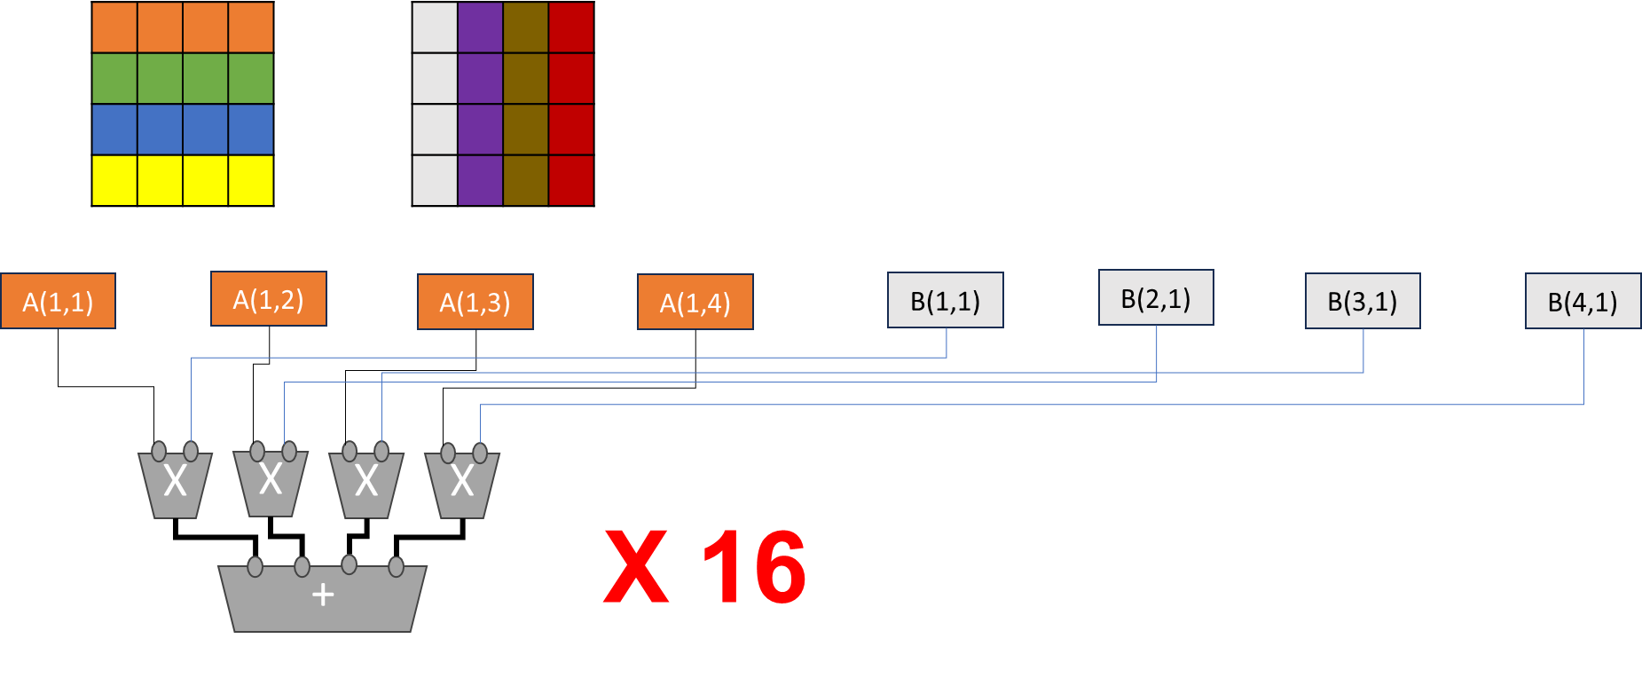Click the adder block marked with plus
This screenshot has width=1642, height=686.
pos(323,598)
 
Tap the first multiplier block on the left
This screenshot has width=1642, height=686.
pos(176,485)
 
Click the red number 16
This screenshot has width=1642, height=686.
pos(754,568)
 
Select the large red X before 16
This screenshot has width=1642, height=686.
pos(635,568)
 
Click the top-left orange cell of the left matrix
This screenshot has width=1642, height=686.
pos(114,27)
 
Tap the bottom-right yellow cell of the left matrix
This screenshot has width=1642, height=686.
pos(251,180)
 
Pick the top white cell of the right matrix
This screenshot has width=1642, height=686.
pos(435,27)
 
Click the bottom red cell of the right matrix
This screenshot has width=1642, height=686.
pos(571,180)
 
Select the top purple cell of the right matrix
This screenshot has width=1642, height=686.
pos(480,27)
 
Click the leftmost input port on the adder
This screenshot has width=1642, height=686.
pos(255,566)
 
